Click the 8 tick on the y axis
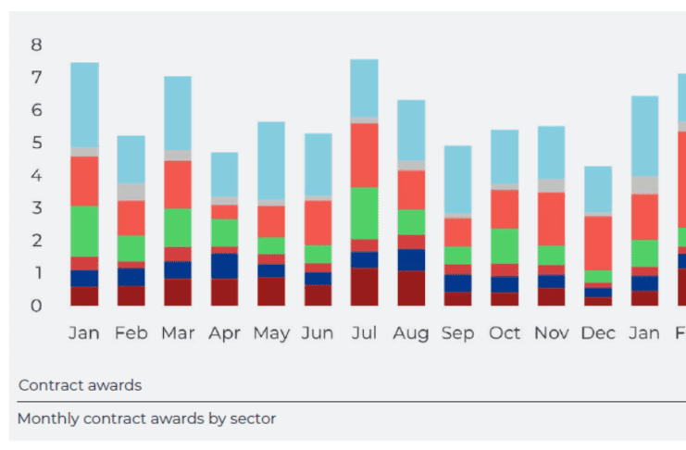click(x=36, y=44)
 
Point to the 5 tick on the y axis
click(x=36, y=143)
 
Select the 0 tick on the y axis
click(x=36, y=306)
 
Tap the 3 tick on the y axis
click(x=36, y=208)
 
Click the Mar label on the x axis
click(x=178, y=332)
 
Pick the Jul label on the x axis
click(x=364, y=332)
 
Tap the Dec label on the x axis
click(x=598, y=332)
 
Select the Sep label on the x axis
click(x=458, y=332)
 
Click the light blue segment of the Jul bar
click(x=364, y=88)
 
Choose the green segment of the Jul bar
click(x=364, y=213)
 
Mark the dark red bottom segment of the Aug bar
click(x=411, y=288)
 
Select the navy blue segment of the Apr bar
click(x=224, y=266)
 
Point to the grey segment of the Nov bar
click(x=552, y=185)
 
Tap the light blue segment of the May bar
click(x=271, y=160)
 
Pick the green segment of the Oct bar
click(x=505, y=245)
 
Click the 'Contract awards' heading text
click(x=80, y=384)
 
